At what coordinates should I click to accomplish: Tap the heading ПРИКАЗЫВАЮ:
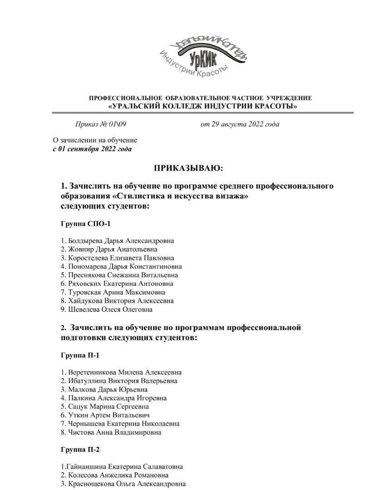[189, 168]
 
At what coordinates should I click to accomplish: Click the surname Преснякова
[87, 275]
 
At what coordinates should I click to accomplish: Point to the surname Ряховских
[86, 284]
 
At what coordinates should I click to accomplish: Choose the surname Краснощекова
[90, 484]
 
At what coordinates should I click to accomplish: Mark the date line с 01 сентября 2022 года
[93, 149]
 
